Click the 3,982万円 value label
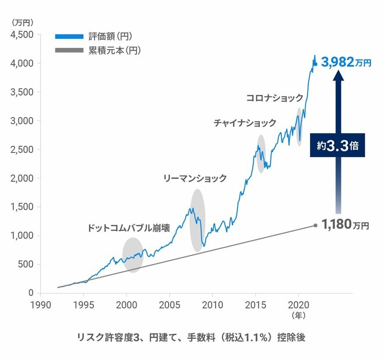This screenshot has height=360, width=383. (x=346, y=62)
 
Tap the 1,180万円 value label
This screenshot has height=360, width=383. (x=345, y=225)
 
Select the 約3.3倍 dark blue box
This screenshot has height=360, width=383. (x=338, y=145)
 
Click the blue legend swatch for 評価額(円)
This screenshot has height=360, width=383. (x=69, y=36)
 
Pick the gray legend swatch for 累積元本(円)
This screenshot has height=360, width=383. (x=69, y=50)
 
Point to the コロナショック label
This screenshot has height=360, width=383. (x=274, y=98)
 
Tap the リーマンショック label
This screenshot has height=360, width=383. (x=195, y=178)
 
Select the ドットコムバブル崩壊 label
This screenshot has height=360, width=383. (x=129, y=229)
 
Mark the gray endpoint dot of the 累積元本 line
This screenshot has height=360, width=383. (x=315, y=225)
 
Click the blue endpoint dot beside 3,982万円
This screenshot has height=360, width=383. (x=315, y=64)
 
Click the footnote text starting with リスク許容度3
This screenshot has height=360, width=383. (x=191, y=338)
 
